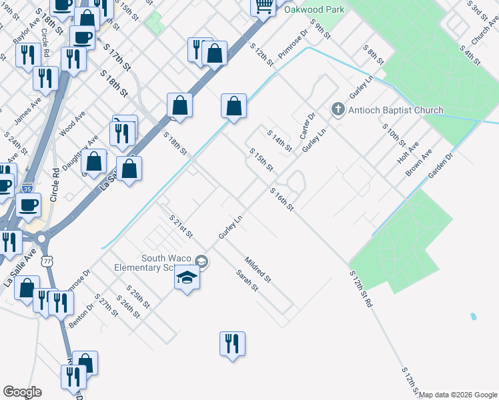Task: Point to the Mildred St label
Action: click(258, 269)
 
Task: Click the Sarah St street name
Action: click(245, 280)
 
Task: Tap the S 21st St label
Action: click(181, 227)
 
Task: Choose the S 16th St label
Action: click(282, 199)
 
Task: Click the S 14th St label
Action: click(280, 141)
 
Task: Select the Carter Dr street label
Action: click(307, 126)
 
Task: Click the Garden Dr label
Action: click(440, 165)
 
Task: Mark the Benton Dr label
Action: click(81, 316)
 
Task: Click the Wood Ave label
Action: click(72, 124)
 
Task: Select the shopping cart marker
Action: click(264, 6)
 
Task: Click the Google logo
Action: click(22, 392)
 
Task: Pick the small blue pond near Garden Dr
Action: click(473, 316)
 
